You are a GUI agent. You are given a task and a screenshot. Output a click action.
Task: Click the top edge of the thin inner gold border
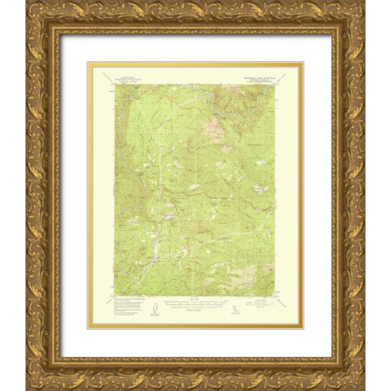point(195,63)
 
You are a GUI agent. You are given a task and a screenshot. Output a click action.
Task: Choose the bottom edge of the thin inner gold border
point(195,327)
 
